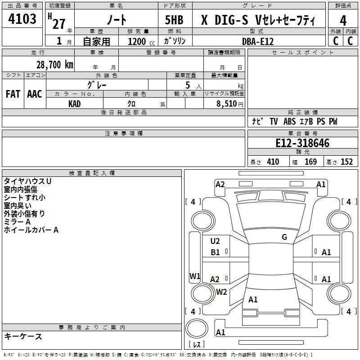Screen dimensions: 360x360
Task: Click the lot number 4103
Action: point(22,18)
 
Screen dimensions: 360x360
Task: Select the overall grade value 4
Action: point(343,21)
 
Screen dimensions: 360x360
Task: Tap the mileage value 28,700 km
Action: point(55,65)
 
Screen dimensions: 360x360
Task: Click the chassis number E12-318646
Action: point(302,143)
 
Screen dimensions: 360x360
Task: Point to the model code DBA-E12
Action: point(258,41)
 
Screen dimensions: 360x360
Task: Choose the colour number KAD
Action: point(74,104)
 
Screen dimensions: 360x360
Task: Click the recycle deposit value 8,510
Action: point(226,103)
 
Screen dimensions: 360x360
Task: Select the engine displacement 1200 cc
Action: point(141,41)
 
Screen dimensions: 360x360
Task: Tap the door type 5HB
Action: point(174,20)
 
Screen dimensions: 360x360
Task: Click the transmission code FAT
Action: point(13,94)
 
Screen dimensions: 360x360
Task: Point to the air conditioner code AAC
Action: point(35,94)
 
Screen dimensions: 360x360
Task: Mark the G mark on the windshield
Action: point(284,237)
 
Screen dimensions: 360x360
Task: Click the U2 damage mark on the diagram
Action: point(215,241)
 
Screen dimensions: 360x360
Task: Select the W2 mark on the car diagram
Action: point(221,292)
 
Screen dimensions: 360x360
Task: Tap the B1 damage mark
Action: point(215,252)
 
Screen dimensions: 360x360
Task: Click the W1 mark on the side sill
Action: point(195,276)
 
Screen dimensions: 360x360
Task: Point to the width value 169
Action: point(310,162)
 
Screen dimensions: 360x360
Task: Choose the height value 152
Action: point(346,162)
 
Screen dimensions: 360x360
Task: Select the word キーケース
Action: point(23,336)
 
